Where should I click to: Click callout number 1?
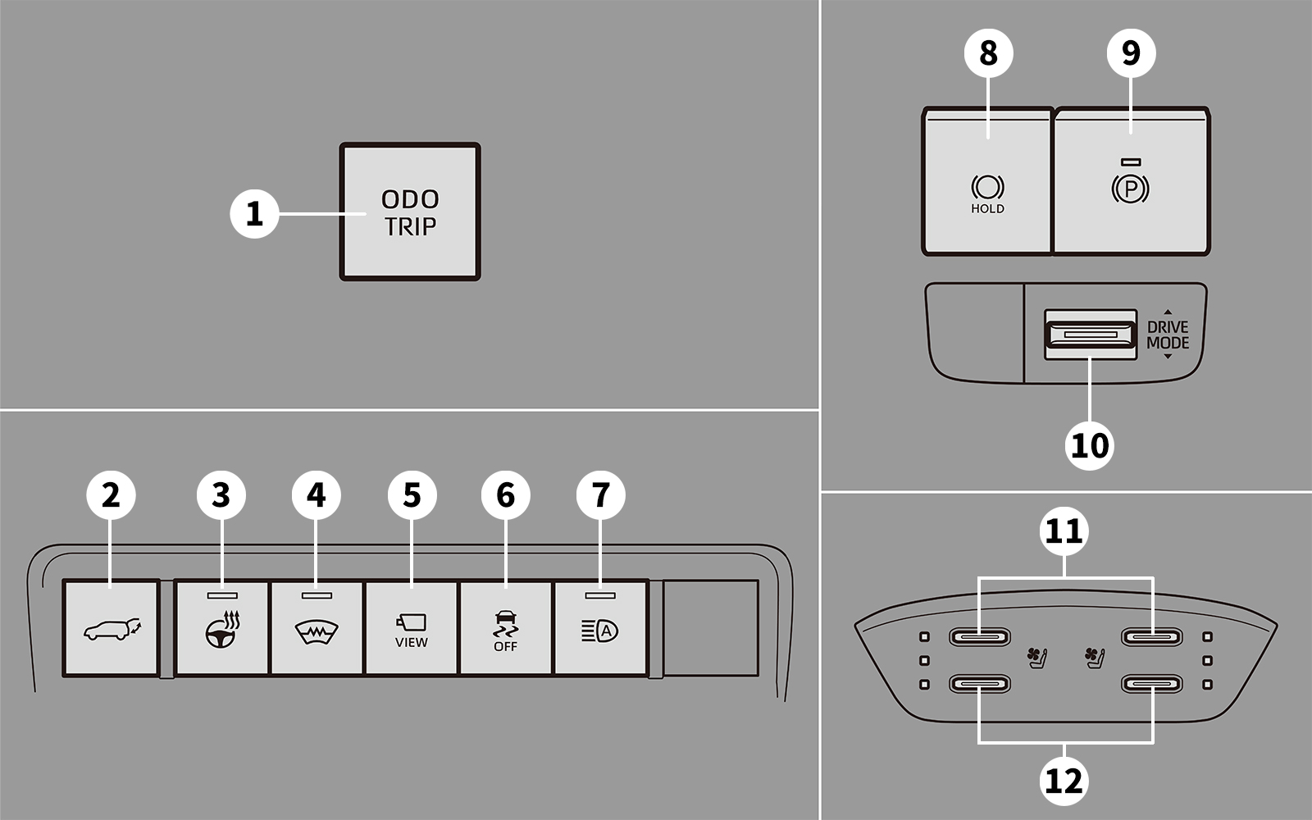[254, 214]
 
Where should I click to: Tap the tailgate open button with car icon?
[111, 629]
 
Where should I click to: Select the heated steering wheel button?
[222, 629]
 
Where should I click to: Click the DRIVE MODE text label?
[1168, 335]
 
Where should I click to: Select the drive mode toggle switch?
[1090, 334]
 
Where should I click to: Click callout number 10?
[1090, 446]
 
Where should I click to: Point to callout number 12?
[1064, 780]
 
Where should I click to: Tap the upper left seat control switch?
[980, 636]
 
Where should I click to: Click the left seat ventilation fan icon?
[1037, 656]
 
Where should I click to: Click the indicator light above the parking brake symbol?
[1131, 162]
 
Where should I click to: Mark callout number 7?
[601, 495]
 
